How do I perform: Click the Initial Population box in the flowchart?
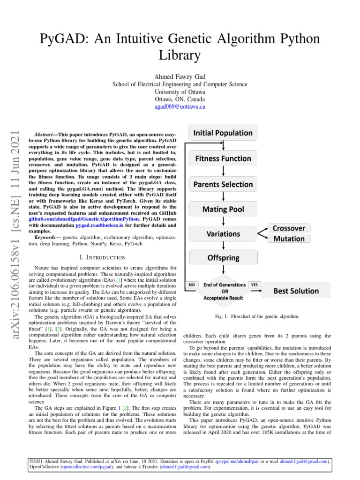[223, 133]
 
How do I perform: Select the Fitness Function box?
[223, 158]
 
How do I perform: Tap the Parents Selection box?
[223, 184]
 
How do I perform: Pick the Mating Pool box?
[223, 209]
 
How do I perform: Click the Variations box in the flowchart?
[223, 233]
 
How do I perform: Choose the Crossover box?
[289, 228]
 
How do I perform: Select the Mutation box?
[289, 239]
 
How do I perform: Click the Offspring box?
[223, 257]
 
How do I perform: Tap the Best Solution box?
[296, 291]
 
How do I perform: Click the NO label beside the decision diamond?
[192, 285]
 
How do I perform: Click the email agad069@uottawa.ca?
[180, 107]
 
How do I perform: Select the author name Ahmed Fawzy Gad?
[180, 76]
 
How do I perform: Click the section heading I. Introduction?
[102, 257]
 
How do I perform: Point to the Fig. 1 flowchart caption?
[257, 316]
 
